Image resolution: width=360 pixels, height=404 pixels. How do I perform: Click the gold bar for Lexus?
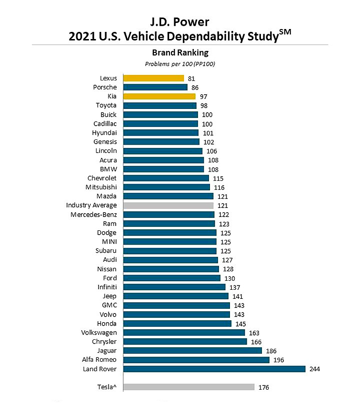pos(153,78)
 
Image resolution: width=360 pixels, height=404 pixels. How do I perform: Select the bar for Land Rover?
pos(214,369)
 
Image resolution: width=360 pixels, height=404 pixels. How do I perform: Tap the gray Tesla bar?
pos(189,387)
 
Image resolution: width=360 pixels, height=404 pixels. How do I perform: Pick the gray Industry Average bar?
pos(168,205)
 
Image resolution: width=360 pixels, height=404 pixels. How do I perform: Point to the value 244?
pos(315,369)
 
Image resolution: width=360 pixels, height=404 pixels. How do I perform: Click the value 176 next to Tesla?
pos(264,387)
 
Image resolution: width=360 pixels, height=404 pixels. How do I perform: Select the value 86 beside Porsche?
pos(195,88)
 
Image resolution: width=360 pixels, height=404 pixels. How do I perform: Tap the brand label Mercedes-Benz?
pos(93,214)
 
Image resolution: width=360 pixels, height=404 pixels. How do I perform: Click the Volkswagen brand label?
pos(99,332)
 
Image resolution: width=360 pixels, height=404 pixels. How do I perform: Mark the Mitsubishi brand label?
pos(101,187)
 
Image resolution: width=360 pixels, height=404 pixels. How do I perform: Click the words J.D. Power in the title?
pos(180,21)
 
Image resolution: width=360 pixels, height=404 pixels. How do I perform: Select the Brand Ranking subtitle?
pos(180,53)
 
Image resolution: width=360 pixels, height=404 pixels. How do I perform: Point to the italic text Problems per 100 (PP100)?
pos(180,63)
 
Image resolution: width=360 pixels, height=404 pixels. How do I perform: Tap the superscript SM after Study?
pos(284,32)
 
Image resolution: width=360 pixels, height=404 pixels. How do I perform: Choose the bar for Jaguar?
pos(192,351)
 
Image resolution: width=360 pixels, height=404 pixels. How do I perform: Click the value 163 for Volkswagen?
pos(254,333)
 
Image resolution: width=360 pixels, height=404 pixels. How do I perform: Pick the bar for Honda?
pos(177,324)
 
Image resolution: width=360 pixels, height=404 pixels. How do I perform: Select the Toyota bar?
pos(160,106)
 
